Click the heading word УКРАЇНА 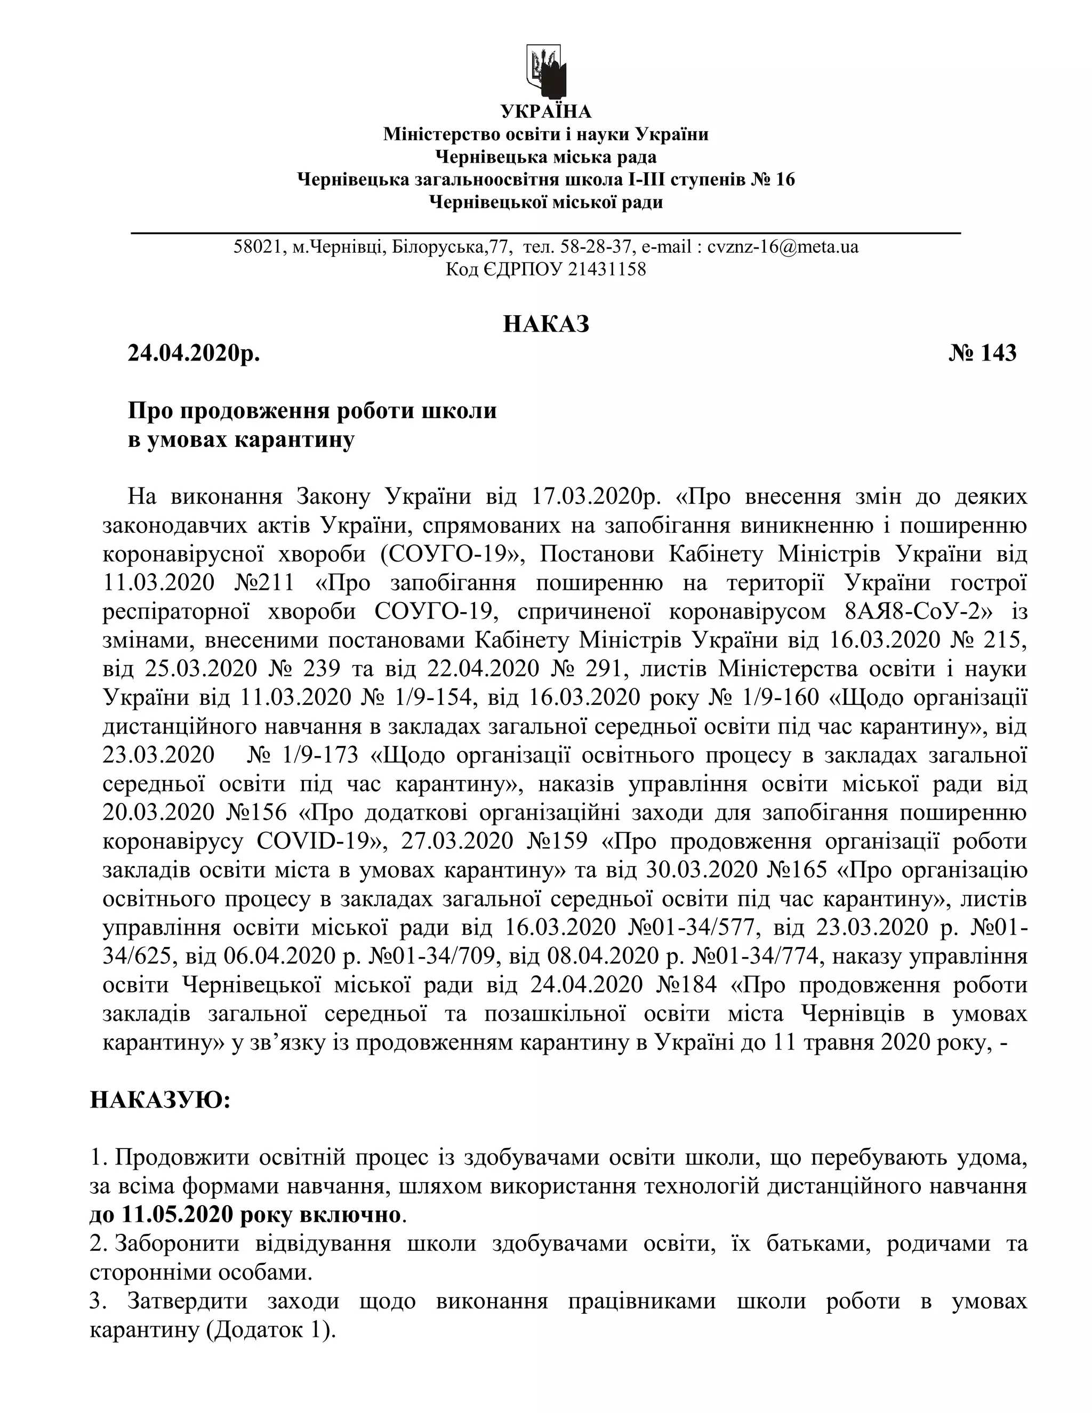[546, 112]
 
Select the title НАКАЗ [546, 324]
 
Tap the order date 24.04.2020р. [194, 353]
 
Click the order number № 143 [983, 353]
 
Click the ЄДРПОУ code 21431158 [607, 269]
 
